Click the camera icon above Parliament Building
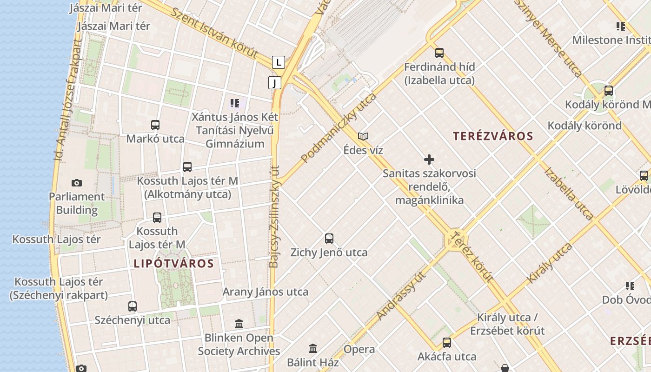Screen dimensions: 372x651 pyautogui.click(x=77, y=183)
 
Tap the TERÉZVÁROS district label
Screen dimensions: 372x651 pyautogui.click(x=493, y=136)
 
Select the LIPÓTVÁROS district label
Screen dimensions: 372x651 pyautogui.click(x=173, y=264)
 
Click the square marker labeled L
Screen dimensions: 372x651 pyautogui.click(x=278, y=62)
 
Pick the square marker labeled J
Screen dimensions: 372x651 pyautogui.click(x=275, y=83)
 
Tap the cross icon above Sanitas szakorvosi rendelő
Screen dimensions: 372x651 pyautogui.click(x=429, y=160)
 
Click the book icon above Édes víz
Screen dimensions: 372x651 pyautogui.click(x=363, y=137)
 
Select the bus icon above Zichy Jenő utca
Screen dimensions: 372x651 pyautogui.click(x=329, y=239)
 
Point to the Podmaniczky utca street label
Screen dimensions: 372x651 pyautogui.click(x=339, y=128)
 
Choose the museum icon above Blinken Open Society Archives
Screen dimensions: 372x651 pyautogui.click(x=239, y=324)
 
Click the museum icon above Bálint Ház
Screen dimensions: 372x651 pyautogui.click(x=313, y=348)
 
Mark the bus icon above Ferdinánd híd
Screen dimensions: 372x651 pyautogui.click(x=439, y=53)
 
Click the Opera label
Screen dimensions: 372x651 pyautogui.click(x=359, y=349)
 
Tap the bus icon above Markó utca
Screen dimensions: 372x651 pyautogui.click(x=155, y=125)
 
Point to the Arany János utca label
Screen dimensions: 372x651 pyautogui.click(x=266, y=292)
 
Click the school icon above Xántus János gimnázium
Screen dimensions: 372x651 pyautogui.click(x=235, y=103)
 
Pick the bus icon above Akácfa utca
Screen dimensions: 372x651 pyautogui.click(x=447, y=343)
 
